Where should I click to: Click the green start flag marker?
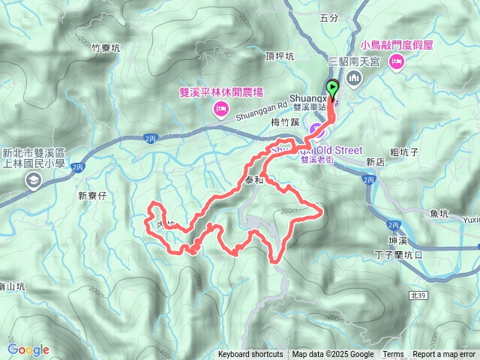[332, 88]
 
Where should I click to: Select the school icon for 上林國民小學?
[34, 180]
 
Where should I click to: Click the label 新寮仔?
[94, 196]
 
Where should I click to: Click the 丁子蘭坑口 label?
[398, 254]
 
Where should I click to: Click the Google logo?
[28, 349]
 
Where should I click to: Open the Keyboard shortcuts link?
[250, 355]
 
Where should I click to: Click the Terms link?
[392, 355]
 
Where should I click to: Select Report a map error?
[444, 355]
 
